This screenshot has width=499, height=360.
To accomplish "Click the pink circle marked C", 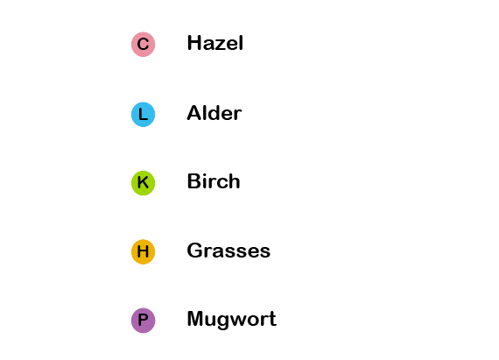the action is click(144, 45).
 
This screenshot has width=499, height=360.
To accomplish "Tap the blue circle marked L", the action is click(144, 114).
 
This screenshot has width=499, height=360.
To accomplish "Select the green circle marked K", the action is click(144, 183).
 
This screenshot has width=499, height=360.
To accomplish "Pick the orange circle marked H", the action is click(144, 251).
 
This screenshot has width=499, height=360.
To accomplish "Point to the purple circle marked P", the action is click(144, 321).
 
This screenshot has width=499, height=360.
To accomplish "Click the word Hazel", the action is click(215, 43).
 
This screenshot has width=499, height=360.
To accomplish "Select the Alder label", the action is click(214, 113).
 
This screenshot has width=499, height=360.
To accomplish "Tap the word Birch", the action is click(214, 181).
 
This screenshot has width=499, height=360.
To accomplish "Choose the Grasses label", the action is click(228, 251).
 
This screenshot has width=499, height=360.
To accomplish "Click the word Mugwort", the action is click(232, 319).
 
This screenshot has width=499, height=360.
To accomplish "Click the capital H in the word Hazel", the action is click(193, 43).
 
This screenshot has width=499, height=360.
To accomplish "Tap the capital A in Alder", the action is click(194, 113).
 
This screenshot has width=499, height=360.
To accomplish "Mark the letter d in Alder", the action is click(215, 113).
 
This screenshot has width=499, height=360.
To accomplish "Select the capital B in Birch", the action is click(193, 181).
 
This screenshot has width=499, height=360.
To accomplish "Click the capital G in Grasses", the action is click(194, 251).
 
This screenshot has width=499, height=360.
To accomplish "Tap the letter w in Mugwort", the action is click(244, 321).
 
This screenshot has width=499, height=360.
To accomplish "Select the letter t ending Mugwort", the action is click(273, 319).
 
